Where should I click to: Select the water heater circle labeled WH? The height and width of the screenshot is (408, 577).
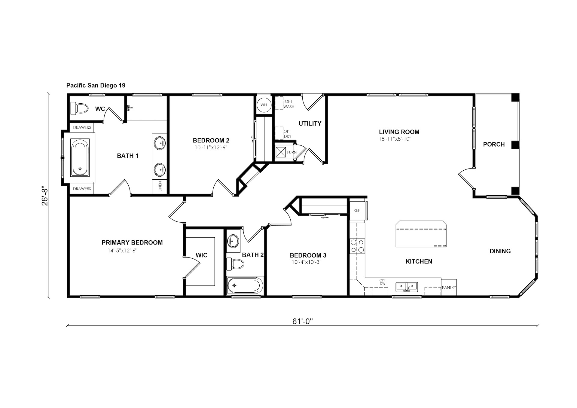tap(264, 105)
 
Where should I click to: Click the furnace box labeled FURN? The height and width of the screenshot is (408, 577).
tap(281, 152)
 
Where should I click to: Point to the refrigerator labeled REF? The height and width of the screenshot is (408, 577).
tap(357, 210)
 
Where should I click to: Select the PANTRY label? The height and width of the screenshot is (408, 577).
tap(449, 288)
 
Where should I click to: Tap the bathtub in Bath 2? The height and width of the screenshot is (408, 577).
tap(245, 285)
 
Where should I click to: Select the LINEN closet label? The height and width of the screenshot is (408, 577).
tap(160, 186)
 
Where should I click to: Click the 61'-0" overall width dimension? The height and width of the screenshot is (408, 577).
tap(303, 321)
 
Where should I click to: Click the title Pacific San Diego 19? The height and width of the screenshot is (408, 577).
tap(96, 85)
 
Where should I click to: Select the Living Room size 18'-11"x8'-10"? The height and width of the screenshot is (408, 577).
tap(395, 139)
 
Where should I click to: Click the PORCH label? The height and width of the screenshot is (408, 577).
tap(494, 144)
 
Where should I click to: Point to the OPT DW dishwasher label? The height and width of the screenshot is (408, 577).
tap(383, 282)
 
